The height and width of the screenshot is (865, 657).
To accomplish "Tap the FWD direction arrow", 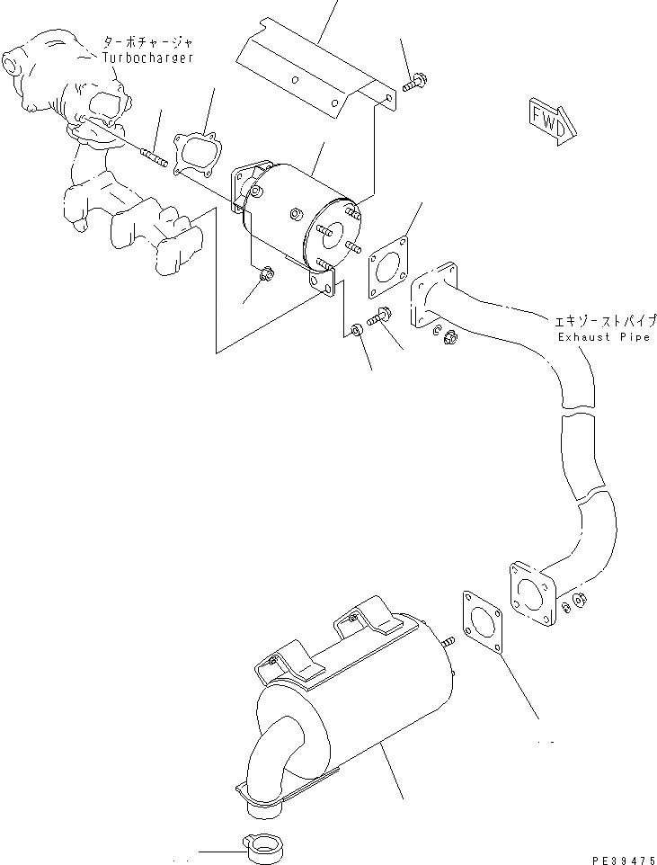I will [x=547, y=121].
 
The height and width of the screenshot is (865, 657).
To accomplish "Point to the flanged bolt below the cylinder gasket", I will [x=376, y=318].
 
